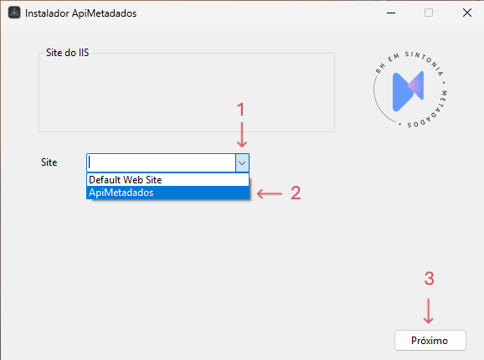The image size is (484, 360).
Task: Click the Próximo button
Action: pyautogui.click(x=430, y=340)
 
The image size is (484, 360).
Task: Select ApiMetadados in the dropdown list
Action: pyautogui.click(x=167, y=193)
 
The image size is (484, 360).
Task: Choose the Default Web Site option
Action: pyautogui.click(x=167, y=180)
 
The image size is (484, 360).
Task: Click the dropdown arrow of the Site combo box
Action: pyautogui.click(x=242, y=162)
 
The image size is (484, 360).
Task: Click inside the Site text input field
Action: pyautogui.click(x=162, y=162)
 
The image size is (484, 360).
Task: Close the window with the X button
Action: pyautogui.click(x=467, y=13)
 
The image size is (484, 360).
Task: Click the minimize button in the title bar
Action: pyautogui.click(x=391, y=13)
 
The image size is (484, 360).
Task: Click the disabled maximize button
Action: pyautogui.click(x=429, y=13)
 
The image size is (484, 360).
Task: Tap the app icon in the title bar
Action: pyautogui.click(x=14, y=13)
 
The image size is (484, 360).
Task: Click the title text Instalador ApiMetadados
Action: pyautogui.click(x=81, y=13)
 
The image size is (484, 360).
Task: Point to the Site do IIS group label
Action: pyautogui.click(x=67, y=53)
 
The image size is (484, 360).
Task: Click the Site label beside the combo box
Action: pyautogui.click(x=49, y=162)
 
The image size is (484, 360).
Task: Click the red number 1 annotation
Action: pyautogui.click(x=241, y=110)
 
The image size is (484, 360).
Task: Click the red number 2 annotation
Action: pyautogui.click(x=296, y=193)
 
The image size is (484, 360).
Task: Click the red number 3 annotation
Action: pyautogui.click(x=429, y=278)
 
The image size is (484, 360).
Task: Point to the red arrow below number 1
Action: pyautogui.click(x=242, y=135)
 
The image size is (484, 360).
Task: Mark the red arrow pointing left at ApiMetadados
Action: pyautogui.click(x=270, y=193)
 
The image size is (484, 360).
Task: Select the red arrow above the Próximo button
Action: pyautogui.click(x=429, y=311)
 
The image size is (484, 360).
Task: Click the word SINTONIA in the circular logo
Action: pyautogui.click(x=425, y=61)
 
